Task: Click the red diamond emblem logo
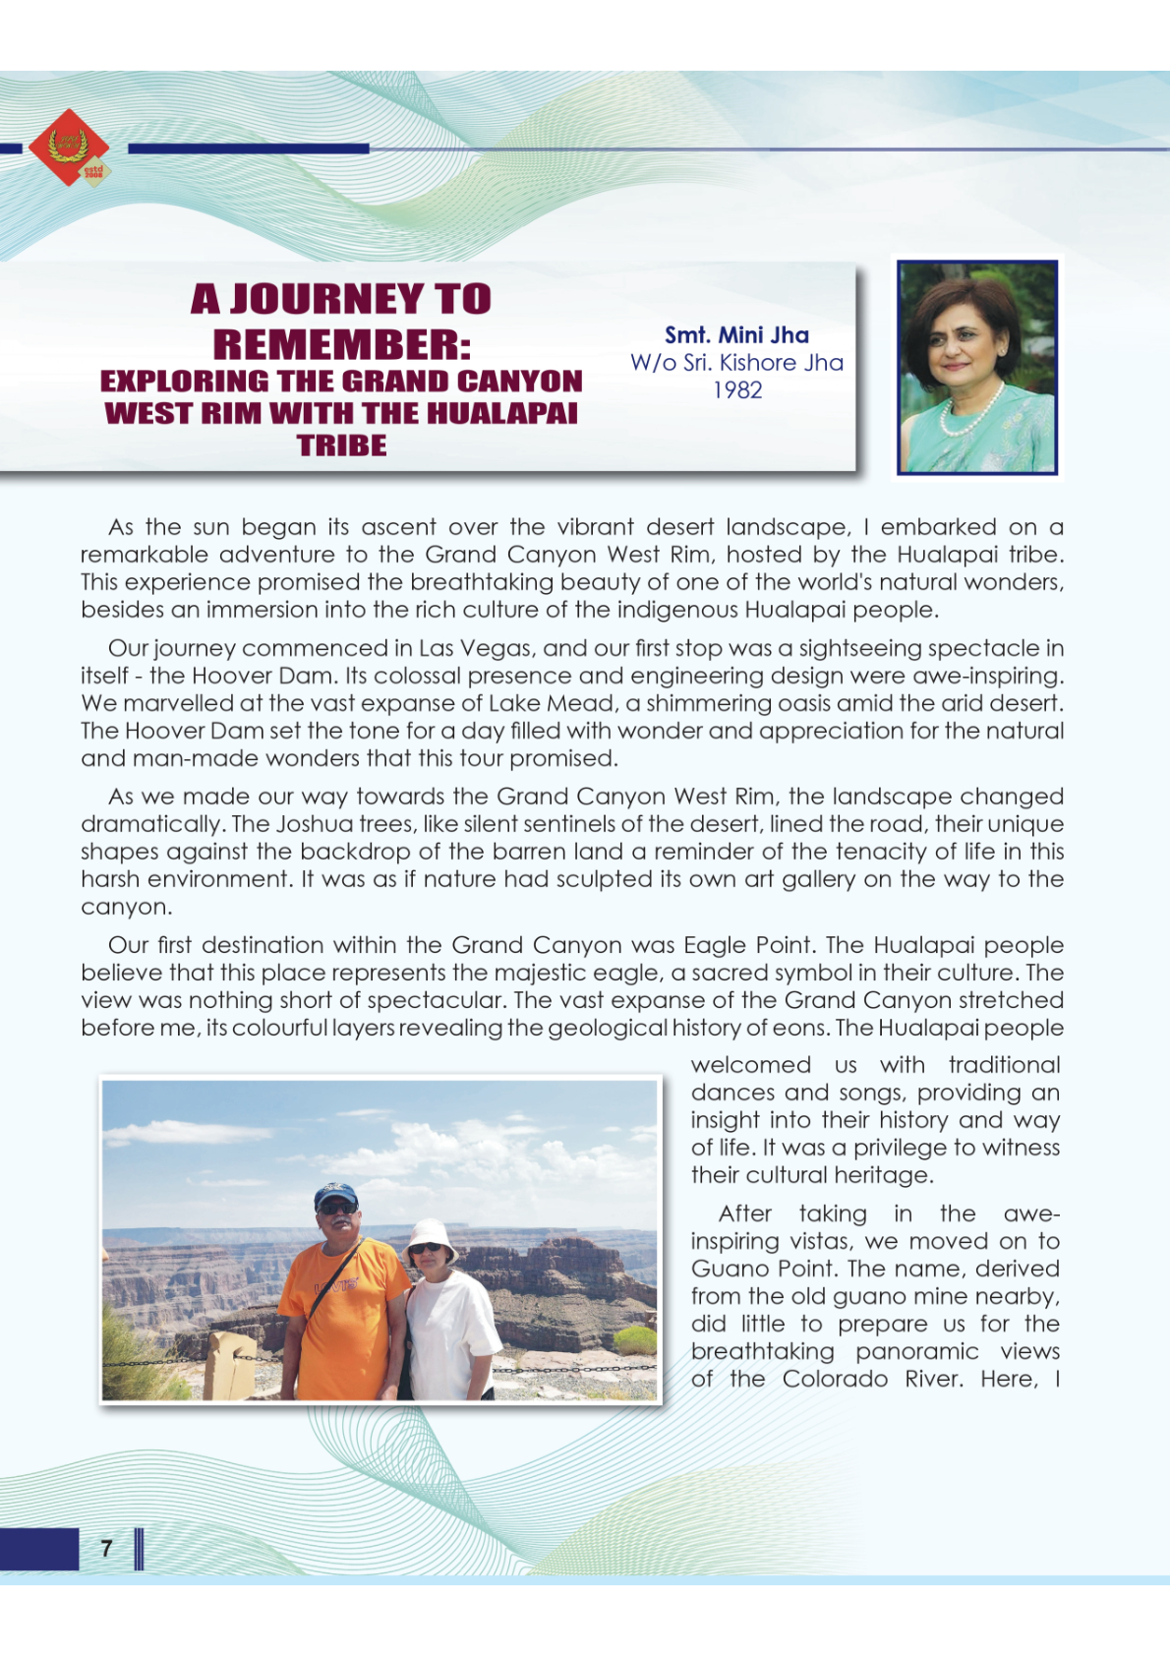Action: click(x=68, y=148)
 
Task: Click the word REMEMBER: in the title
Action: click(x=341, y=344)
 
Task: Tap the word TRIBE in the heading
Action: click(x=341, y=445)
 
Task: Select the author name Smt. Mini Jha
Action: click(x=736, y=335)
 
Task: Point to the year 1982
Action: click(x=737, y=390)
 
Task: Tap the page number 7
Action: click(x=106, y=1549)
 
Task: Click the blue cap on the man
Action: click(x=335, y=1194)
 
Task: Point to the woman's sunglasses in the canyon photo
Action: click(x=426, y=1249)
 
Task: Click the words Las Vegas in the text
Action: click(x=475, y=649)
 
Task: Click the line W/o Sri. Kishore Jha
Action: click(x=736, y=363)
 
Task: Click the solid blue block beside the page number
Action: click(x=38, y=1549)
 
